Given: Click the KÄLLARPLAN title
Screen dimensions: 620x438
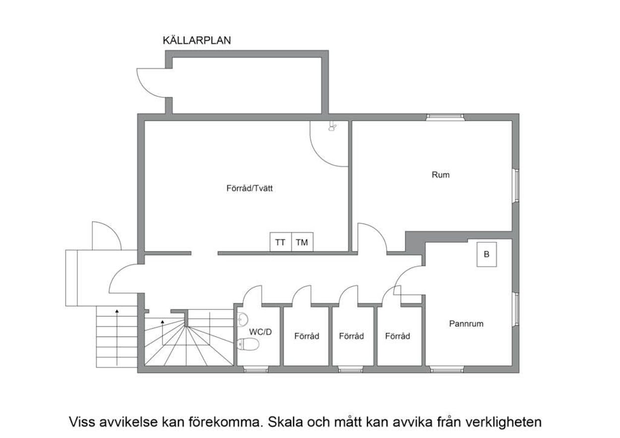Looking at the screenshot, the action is tap(197, 40).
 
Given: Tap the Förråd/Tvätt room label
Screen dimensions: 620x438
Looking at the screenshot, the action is tap(249, 188).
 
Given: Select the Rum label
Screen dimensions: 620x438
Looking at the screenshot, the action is tap(440, 175).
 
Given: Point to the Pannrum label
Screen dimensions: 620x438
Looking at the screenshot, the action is tap(466, 324).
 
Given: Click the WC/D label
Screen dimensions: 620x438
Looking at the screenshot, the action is tap(260, 332).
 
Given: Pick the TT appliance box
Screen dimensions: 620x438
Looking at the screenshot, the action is tap(280, 242).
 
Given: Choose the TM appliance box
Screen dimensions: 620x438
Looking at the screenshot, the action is tap(302, 242).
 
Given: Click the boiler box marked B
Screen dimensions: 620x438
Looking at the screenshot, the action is tap(486, 254).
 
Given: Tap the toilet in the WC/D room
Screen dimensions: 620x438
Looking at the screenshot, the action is tap(248, 344).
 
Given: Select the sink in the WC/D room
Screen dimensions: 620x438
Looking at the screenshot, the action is tap(243, 320).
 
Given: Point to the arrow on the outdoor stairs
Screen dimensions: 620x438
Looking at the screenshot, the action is tap(117, 337).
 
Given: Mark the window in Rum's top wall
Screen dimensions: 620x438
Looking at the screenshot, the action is tap(445, 117).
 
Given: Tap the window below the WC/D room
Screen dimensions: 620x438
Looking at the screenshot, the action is tap(256, 369).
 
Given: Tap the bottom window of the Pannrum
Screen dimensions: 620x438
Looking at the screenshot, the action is tap(446, 369).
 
